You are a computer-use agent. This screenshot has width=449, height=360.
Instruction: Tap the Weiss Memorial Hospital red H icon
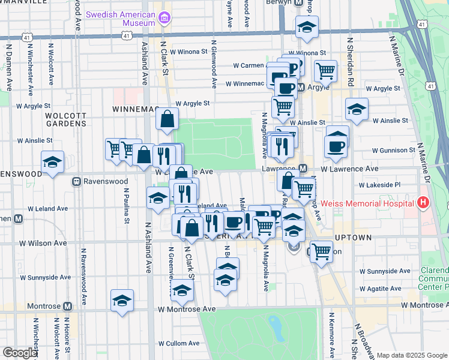pyautogui.click(x=424, y=203)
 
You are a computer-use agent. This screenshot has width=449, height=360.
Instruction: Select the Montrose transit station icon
pyautogui.click(x=67, y=306)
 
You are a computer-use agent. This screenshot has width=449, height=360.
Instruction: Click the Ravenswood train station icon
pyautogui.click(x=77, y=181)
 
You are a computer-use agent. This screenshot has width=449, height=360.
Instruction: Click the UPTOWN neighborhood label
pyautogui.click(x=352, y=238)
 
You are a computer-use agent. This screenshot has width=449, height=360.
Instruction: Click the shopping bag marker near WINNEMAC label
pyautogui.click(x=167, y=118)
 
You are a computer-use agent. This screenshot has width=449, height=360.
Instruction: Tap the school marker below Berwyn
pyautogui.click(x=307, y=27)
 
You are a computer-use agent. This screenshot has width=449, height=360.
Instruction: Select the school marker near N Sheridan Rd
pyautogui.click(x=357, y=110)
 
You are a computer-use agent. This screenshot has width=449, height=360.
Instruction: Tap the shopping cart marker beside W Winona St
pyautogui.click(x=325, y=71)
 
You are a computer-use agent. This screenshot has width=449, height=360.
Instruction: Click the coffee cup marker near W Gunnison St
pyautogui.click(x=336, y=146)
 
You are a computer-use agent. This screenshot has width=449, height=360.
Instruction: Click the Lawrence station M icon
pyautogui.click(x=303, y=169)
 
